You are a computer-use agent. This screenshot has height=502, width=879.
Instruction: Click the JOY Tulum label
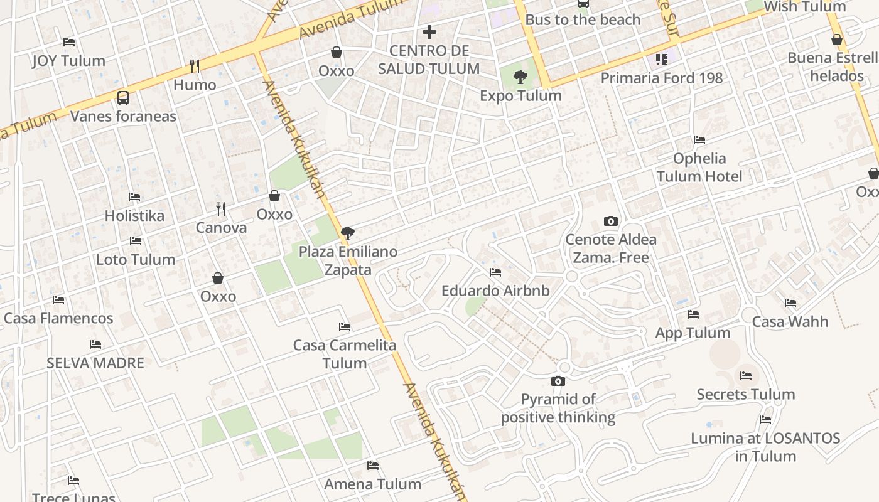point(69,61)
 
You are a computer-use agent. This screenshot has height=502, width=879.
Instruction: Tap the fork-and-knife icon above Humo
point(195,66)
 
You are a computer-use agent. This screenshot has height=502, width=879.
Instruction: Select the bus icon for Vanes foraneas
point(123,98)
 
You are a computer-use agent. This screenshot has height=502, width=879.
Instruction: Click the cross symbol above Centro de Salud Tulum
point(429,31)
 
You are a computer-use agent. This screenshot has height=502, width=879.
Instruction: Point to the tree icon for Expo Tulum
point(520,77)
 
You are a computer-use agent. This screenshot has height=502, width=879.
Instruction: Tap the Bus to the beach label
point(583,19)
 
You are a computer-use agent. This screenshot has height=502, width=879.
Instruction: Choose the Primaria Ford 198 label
point(662,78)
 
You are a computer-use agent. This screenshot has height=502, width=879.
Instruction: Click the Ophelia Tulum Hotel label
point(699,168)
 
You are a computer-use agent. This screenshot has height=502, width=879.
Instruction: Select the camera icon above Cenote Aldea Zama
point(610,221)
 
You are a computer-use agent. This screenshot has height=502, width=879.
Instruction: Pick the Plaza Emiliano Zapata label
point(348,260)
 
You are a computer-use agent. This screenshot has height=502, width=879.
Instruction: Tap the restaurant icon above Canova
point(221,208)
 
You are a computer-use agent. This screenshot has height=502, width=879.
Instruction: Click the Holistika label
point(134,216)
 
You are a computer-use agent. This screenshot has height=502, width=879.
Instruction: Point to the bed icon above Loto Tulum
point(135,241)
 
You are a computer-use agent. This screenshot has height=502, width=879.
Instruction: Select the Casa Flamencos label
point(58,318)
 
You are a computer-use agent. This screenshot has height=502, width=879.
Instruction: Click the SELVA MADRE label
point(95,363)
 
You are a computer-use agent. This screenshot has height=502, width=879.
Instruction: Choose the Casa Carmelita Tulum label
point(345,354)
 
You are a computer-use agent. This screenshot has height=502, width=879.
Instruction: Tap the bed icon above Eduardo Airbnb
point(495,272)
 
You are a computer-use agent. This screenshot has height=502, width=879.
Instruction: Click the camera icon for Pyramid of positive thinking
point(558,381)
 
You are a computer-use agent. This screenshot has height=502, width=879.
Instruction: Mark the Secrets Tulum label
point(746,394)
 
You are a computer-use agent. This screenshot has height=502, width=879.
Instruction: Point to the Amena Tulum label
point(372,484)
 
